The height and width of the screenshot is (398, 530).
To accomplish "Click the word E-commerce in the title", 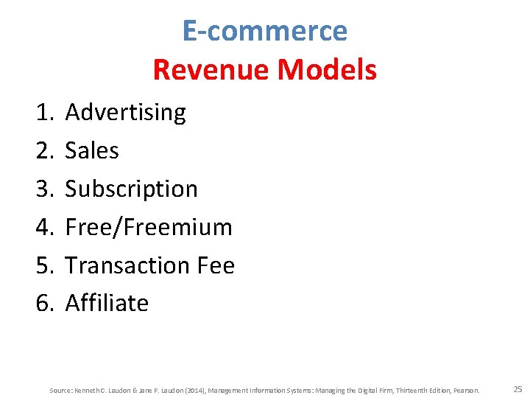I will (x=264, y=31).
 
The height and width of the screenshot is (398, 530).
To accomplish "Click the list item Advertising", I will (x=125, y=113).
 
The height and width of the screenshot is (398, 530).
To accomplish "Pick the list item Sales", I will (x=92, y=151).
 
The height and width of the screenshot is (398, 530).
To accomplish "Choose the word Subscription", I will (x=132, y=189).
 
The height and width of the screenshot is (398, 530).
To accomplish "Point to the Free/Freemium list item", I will (x=149, y=227).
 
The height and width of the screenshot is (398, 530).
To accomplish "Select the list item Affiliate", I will (x=107, y=303).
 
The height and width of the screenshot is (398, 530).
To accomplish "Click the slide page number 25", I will (x=517, y=388).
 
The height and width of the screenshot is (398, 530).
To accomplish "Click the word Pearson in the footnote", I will (x=465, y=390).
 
